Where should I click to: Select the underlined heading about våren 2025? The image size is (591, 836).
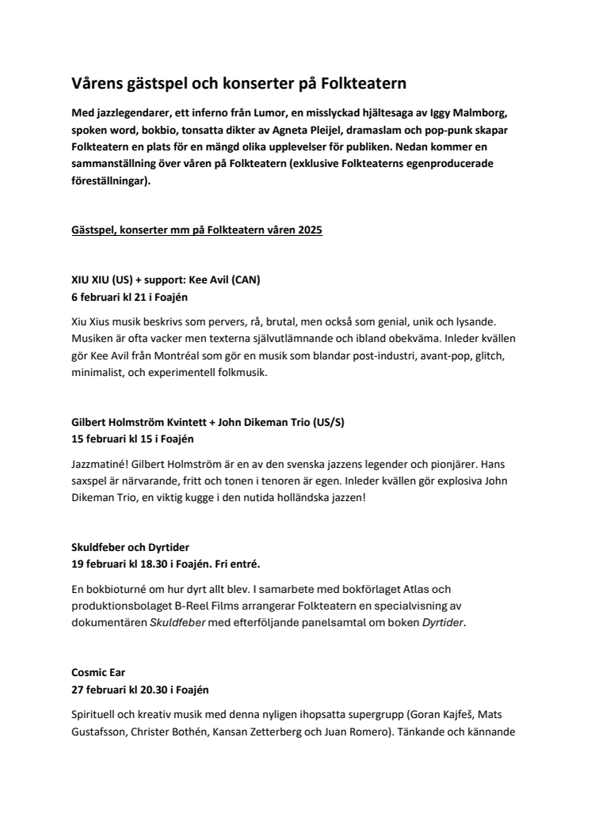coord(197,230)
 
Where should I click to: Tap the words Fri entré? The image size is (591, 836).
coord(268,562)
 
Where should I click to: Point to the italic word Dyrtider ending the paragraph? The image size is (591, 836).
coord(440,622)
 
